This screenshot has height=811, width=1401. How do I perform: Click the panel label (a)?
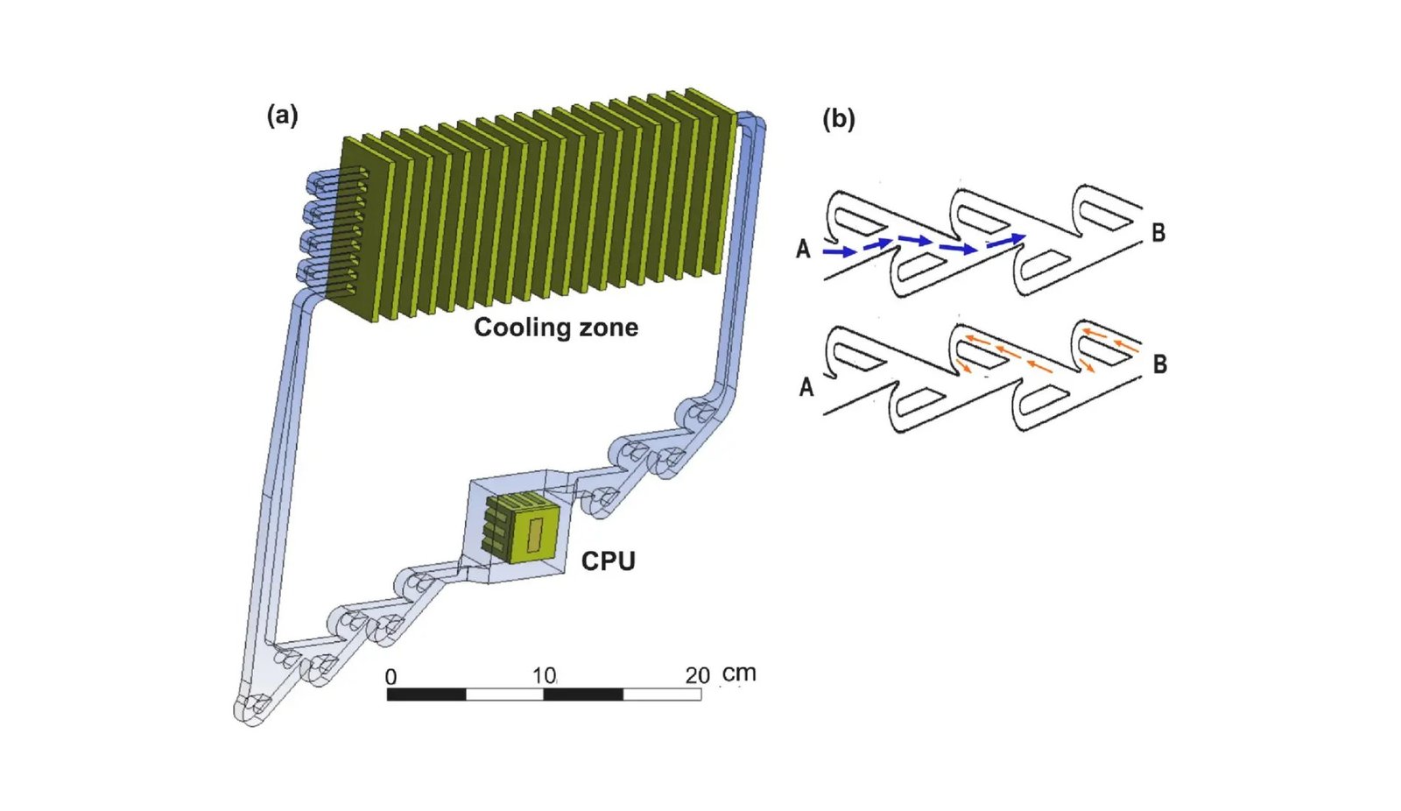pyautogui.click(x=282, y=116)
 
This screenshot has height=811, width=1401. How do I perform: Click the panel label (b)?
pyautogui.click(x=838, y=119)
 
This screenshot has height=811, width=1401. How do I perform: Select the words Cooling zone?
pyautogui.click(x=556, y=328)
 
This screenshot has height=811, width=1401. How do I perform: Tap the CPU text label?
pyautogui.click(x=608, y=561)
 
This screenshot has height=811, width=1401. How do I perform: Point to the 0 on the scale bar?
pyautogui.click(x=391, y=677)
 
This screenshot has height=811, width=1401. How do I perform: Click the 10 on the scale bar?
pyautogui.click(x=544, y=676)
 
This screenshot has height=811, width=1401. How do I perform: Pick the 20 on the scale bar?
pyautogui.click(x=697, y=676)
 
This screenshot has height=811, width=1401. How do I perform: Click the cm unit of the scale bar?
pyautogui.click(x=739, y=673)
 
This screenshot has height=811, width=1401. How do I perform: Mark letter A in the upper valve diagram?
pyautogui.click(x=804, y=250)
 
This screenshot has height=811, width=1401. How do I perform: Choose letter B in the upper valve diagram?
pyautogui.click(x=1158, y=233)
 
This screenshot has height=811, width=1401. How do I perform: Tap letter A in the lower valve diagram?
pyautogui.click(x=806, y=386)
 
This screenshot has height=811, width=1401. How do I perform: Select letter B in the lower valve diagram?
pyautogui.click(x=1160, y=364)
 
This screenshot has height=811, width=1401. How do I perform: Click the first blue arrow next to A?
pyautogui.click(x=840, y=252)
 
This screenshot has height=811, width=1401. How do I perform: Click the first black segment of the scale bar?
pyautogui.click(x=426, y=695)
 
